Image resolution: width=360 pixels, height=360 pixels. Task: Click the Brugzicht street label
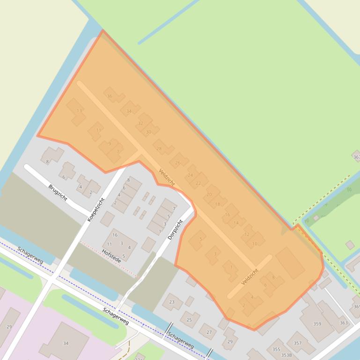pos(58,193)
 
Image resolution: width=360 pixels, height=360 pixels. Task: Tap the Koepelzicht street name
pos(96,209)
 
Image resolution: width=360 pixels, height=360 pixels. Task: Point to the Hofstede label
pos(111,256)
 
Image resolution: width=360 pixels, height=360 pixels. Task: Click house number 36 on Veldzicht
pos(110,96)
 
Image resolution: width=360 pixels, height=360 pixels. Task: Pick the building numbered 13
pos(79,111)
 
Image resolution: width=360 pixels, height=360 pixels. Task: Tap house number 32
pos(140,123)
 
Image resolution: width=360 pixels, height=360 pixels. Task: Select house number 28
pos(159,149)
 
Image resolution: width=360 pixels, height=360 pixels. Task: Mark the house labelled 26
pos(178,163)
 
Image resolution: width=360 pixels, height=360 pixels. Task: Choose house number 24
pos(190,175)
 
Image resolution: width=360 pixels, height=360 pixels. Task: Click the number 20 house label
pos(209,194)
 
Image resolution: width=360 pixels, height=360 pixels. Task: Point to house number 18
pos(217,204)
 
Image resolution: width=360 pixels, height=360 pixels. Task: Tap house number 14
pos(236,223)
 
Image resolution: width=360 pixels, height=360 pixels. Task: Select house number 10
pos(255,244)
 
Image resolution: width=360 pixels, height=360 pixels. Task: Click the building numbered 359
pos(317,324)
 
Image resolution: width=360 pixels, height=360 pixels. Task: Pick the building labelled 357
pos(297,343)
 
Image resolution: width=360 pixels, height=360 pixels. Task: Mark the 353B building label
pos(287,355)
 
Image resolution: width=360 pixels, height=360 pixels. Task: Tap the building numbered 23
pos(172,302)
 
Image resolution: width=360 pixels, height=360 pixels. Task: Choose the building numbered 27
pos(209,332)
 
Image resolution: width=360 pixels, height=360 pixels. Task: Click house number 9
pos(110,144)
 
